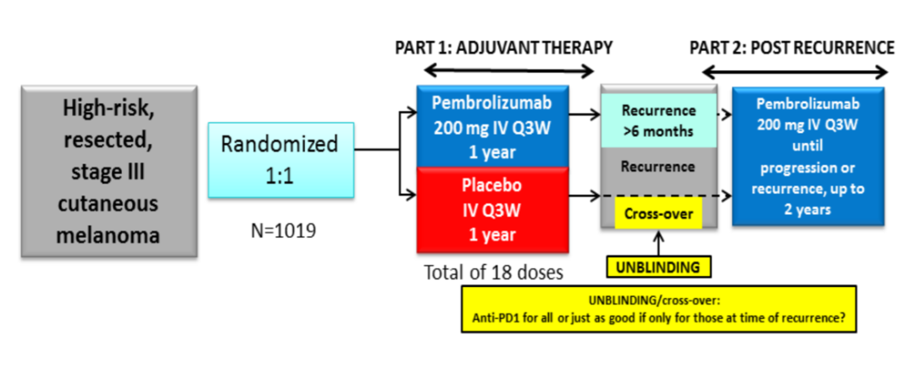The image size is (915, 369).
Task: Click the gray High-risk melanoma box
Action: coord(109,170)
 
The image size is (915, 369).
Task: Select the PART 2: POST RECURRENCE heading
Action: coord(791,47)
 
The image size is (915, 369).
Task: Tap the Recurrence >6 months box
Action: coord(658,120)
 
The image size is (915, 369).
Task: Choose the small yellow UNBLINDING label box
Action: coord(659,267)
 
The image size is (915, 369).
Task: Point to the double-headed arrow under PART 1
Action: coord(508,71)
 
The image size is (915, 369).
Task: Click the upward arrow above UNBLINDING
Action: coord(659,241)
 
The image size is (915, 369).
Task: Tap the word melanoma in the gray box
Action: coord(109,234)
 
